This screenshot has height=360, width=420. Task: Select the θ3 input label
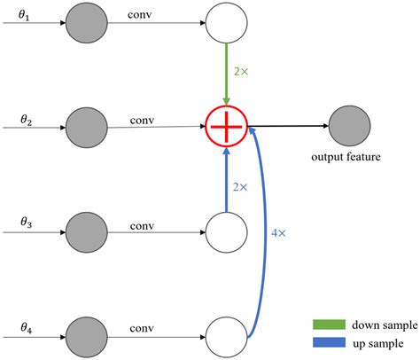[x=27, y=226]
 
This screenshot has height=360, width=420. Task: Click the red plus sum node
[x=225, y=127]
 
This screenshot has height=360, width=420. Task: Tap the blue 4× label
[x=280, y=233]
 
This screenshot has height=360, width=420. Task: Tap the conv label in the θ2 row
[x=143, y=119]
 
